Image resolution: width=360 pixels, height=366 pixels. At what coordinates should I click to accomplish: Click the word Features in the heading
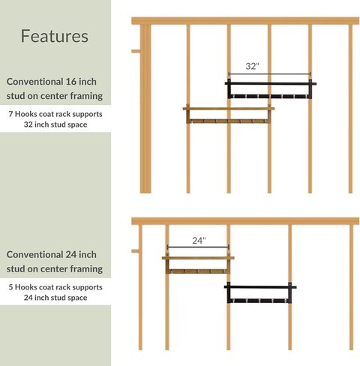[x=55, y=36]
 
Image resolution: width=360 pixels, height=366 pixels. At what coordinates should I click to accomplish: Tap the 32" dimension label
[x=252, y=66]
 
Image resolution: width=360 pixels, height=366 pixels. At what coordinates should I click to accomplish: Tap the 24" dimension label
[x=199, y=241]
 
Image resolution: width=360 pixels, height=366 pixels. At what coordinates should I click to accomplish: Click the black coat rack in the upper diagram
[x=271, y=89]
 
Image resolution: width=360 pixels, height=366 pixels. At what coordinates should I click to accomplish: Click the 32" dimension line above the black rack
[x=269, y=74]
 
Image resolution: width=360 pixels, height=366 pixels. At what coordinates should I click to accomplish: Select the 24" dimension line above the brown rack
[x=198, y=247]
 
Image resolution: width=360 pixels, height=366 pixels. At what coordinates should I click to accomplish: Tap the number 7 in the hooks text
[x=10, y=114]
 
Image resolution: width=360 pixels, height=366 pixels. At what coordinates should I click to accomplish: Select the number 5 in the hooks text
[x=10, y=287]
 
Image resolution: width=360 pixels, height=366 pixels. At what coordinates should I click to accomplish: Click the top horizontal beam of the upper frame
[x=245, y=21]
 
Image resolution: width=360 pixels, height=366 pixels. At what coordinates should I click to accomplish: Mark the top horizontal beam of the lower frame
[x=245, y=221]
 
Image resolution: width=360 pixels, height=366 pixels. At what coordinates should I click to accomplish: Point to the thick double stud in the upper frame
[x=145, y=109]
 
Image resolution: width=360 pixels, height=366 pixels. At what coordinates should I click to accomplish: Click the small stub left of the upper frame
[x=136, y=51]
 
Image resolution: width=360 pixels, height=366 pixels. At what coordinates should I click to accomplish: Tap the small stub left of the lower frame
[x=135, y=251]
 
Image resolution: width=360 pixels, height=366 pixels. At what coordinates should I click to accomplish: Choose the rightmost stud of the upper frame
[x=350, y=109]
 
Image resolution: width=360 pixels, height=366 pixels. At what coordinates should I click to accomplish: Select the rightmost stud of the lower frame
[x=351, y=287]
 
